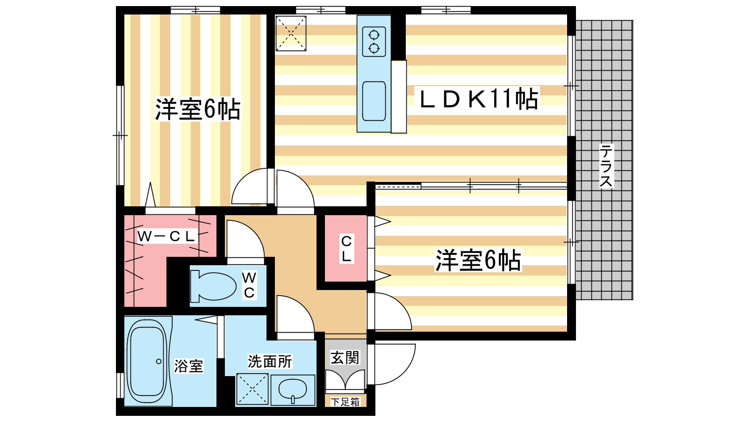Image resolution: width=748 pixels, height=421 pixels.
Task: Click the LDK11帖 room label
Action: point(479,99)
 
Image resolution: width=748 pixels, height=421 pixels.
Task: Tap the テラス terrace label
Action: point(606,166)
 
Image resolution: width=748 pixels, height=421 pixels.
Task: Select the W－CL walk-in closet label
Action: point(166,237)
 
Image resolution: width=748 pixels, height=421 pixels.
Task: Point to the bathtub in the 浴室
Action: point(148,361)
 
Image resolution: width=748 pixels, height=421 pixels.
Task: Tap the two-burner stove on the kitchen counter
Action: point(374,42)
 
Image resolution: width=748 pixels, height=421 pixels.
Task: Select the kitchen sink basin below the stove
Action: point(374,101)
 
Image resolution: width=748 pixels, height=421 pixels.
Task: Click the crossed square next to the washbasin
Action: point(252,389)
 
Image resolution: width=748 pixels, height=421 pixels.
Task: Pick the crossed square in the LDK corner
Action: point(291,33)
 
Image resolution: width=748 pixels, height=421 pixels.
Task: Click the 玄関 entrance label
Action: point(345,357)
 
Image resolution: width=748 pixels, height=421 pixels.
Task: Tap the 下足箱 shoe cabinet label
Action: point(345,402)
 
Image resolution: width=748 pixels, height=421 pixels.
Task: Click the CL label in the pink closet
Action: point(346,248)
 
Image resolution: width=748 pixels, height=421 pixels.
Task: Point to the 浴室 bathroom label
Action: point(188,366)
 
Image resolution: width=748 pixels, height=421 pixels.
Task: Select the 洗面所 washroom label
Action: point(270,361)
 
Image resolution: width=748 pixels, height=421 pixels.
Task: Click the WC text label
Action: point(249,285)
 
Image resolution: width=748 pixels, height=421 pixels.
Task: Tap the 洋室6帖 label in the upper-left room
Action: point(197,109)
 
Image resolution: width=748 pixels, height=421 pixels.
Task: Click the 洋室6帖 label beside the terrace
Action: point(478,260)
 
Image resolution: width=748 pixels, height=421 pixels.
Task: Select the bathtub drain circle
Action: point(158,361)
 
